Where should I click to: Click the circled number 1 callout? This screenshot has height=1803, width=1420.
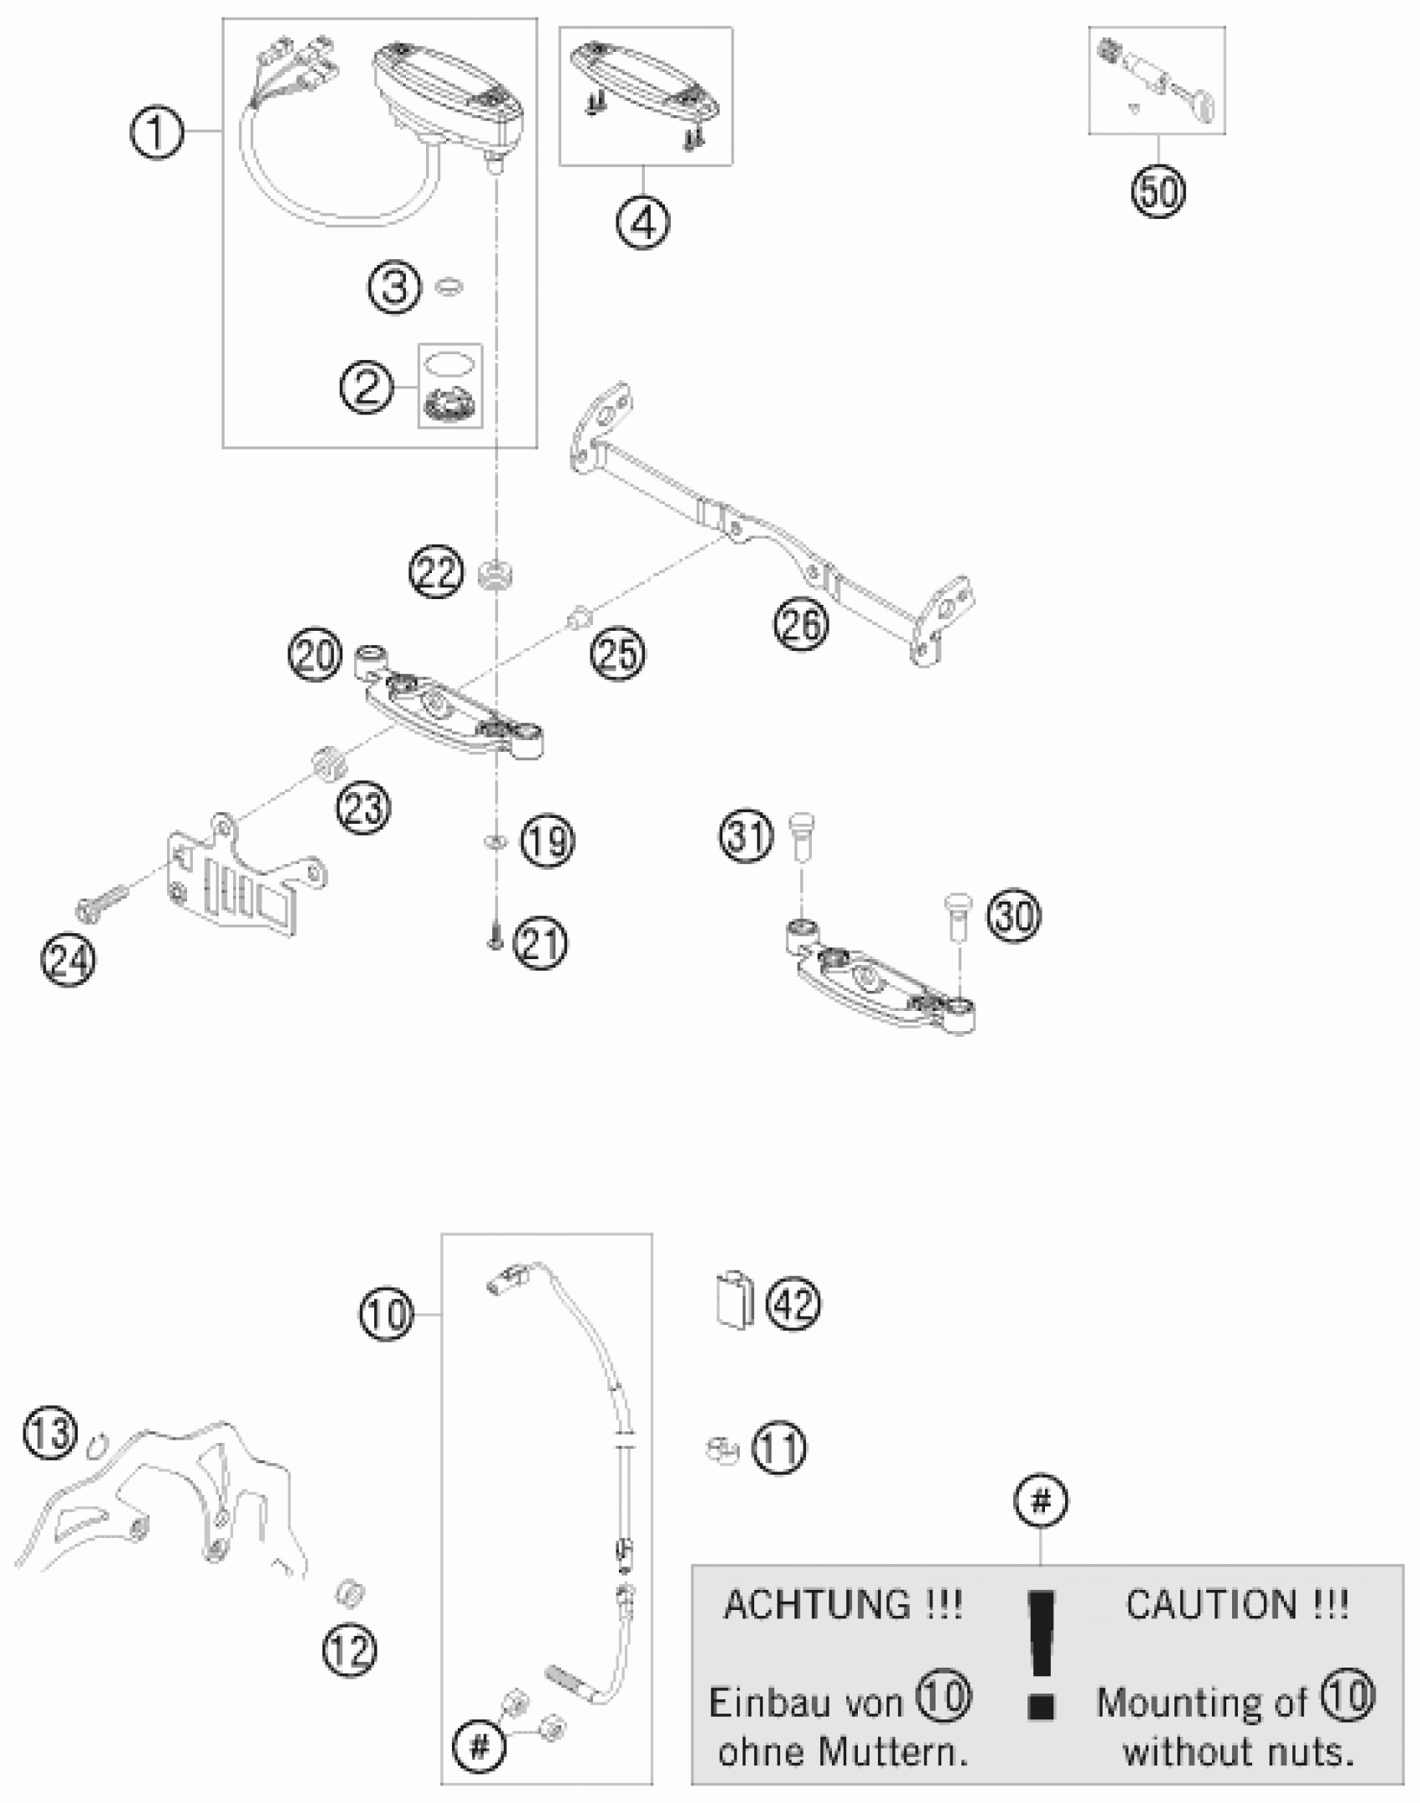coord(156,132)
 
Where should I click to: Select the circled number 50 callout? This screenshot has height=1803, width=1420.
coord(1158,193)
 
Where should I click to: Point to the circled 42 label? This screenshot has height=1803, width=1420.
coord(794,1303)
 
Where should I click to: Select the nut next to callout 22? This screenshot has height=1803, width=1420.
coord(496,575)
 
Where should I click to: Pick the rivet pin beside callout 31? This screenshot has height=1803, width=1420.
coord(801,838)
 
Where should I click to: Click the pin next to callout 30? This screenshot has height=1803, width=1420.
coord(957,912)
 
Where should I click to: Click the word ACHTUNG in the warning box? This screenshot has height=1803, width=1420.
coord(842,1605)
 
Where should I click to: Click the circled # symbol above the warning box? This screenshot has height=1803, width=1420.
coord(1040,1502)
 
